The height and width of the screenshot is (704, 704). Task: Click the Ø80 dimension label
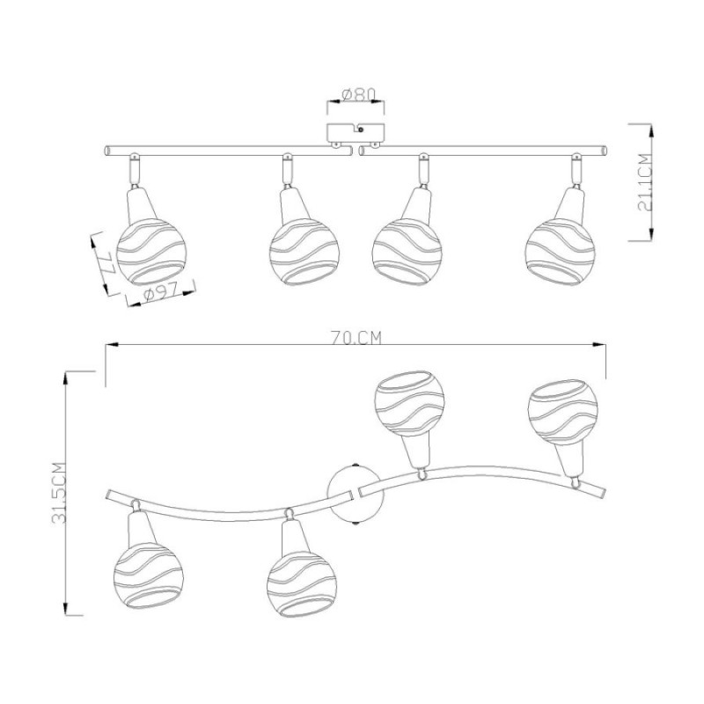[358, 95]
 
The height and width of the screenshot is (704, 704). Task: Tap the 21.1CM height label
[644, 182]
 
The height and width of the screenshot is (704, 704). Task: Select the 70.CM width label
[356, 337]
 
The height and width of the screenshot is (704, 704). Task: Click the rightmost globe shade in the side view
[560, 253]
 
